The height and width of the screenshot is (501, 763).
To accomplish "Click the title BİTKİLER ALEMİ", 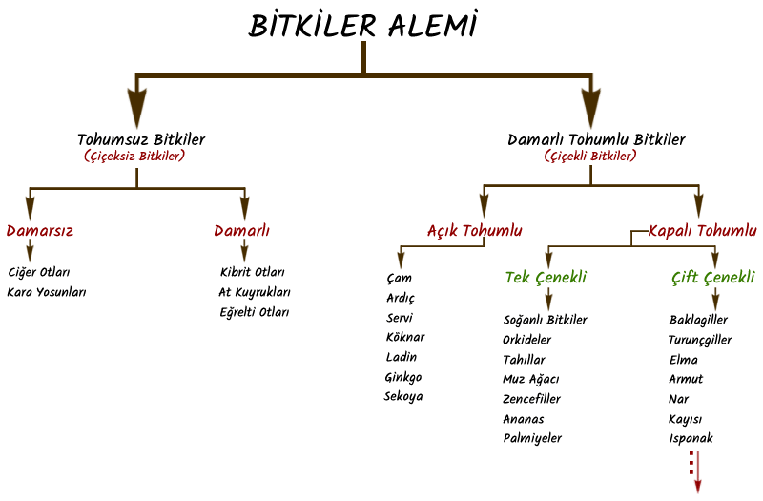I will point(363,26).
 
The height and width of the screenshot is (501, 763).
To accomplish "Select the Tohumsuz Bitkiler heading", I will point(141,139).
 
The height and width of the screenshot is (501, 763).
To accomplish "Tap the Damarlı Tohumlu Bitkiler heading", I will point(596,139).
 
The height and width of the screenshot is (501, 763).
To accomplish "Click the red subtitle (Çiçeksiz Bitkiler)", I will point(134,156).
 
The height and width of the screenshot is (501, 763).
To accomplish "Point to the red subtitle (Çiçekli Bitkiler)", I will point(590,156).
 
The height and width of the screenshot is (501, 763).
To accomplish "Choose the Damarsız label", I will point(39,230).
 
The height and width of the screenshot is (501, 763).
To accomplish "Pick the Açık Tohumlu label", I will point(474,230).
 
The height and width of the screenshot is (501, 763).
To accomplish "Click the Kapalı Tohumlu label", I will point(702,230).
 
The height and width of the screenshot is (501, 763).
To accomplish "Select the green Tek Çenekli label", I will point(546,278).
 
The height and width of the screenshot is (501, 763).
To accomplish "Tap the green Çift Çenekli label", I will point(712,278).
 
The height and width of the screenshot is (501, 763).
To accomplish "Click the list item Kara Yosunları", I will point(47,292).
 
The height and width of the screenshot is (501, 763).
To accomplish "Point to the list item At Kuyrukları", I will point(255,292).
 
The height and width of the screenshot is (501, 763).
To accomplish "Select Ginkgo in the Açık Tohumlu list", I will point(403,377).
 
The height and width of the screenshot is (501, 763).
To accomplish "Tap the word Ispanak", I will point(691,439).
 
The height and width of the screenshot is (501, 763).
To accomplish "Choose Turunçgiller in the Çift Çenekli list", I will point(700,340).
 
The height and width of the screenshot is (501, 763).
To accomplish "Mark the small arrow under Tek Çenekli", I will point(548,297).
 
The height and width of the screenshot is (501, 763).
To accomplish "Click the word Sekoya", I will point(403,396).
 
